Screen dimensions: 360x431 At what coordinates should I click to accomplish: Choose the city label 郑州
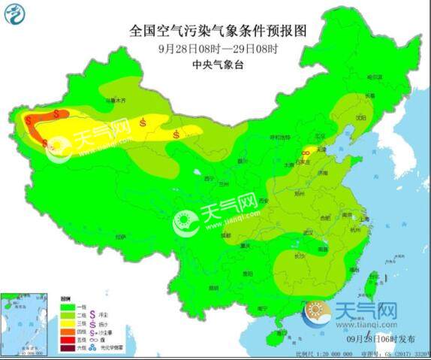click(300, 192)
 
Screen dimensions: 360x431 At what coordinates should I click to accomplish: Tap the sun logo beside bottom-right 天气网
click(317, 313)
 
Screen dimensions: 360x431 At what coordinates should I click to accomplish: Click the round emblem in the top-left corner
click(16, 14)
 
